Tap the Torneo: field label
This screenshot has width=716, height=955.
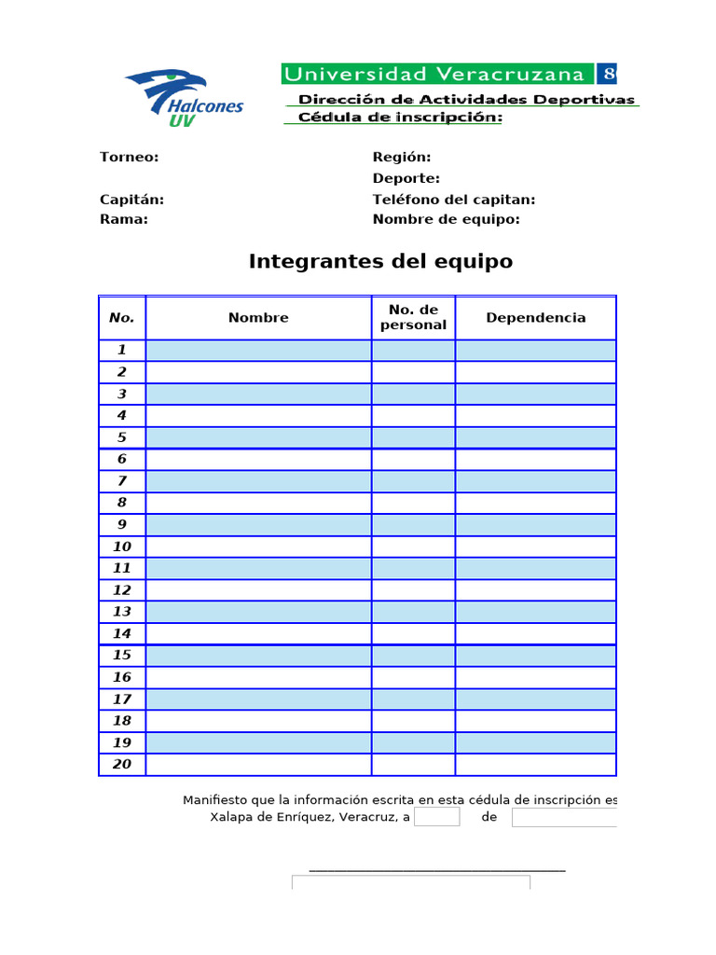click(x=130, y=157)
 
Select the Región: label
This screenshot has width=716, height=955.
click(x=402, y=157)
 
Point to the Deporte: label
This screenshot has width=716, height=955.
click(x=406, y=178)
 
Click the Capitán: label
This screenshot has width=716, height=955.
click(x=132, y=200)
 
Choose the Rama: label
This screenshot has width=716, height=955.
click(x=124, y=219)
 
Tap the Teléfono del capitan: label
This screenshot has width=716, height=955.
click(x=454, y=200)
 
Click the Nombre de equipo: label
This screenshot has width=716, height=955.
click(x=446, y=219)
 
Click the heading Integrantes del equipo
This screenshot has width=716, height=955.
click(x=380, y=261)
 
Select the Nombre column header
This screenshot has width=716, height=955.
click(x=258, y=318)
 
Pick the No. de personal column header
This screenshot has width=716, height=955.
click(x=413, y=317)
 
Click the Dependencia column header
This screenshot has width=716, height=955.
click(x=536, y=318)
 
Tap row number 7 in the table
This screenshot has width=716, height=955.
click(x=122, y=481)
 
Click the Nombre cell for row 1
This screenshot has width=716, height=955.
click(x=258, y=351)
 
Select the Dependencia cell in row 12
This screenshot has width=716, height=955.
click(x=536, y=590)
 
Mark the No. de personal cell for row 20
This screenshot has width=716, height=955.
click(x=413, y=765)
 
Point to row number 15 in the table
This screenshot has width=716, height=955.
click(x=122, y=656)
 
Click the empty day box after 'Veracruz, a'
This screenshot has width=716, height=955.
click(x=437, y=818)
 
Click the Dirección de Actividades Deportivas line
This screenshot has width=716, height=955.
click(x=466, y=99)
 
